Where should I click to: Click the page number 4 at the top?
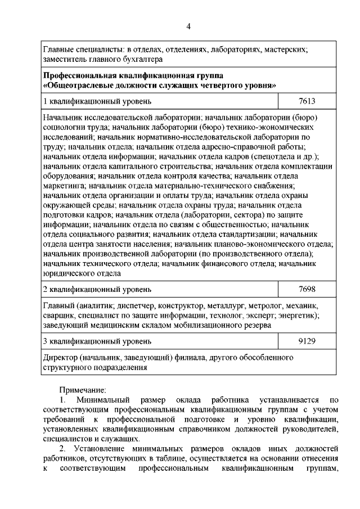[x=189, y=26]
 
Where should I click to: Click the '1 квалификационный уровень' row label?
[x=97, y=102]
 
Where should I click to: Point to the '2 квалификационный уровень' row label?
[x=97, y=290]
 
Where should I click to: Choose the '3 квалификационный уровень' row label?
[x=97, y=341]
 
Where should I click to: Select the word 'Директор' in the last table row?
[x=60, y=358]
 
